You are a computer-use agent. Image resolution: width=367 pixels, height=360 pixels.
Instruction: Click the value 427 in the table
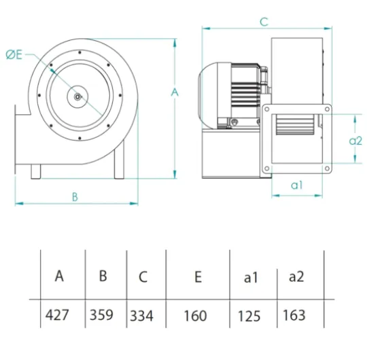tap(57, 315)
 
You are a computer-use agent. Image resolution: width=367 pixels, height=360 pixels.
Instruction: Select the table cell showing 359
tap(101, 314)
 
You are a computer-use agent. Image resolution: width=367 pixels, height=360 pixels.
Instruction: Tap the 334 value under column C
tap(141, 316)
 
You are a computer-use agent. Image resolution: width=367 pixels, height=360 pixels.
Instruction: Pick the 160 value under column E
tap(196, 316)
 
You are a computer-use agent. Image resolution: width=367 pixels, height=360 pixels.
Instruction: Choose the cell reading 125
tap(249, 317)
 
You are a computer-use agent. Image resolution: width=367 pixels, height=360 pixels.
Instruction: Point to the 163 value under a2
tap(294, 315)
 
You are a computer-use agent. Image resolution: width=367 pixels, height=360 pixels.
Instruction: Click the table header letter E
tap(198, 277)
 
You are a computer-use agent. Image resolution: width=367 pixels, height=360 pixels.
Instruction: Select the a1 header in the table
tap(251, 278)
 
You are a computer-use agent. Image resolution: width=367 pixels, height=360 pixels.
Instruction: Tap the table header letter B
tap(103, 276)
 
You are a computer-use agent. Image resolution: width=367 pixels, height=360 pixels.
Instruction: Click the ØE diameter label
tap(14, 55)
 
